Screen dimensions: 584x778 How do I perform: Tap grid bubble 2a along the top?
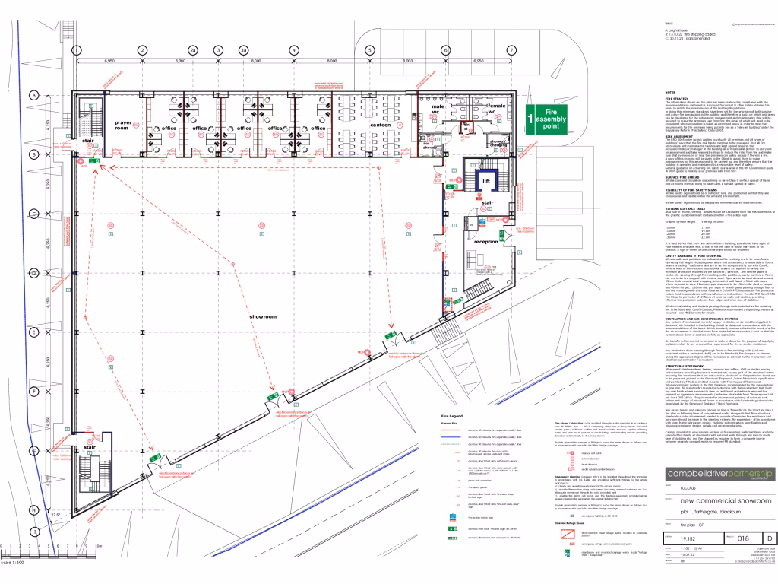point(193,50)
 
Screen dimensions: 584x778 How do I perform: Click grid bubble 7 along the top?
point(512,50)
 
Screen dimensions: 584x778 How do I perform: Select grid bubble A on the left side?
point(34,95)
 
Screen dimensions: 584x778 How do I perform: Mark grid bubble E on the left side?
point(34,332)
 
